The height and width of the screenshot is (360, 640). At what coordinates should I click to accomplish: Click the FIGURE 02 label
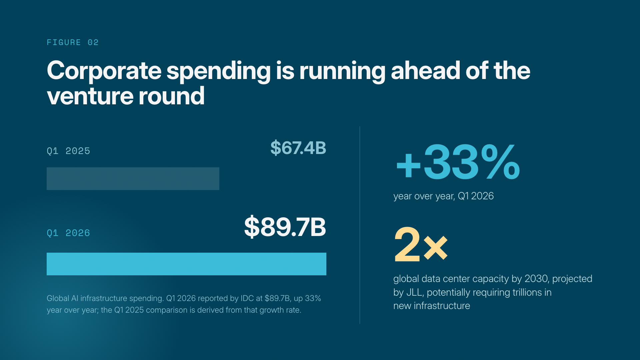(x=73, y=42)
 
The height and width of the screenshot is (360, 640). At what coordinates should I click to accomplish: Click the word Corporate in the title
(x=104, y=71)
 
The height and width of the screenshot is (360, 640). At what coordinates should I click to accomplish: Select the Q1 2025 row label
(x=68, y=151)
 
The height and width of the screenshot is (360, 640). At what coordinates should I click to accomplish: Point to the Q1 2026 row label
(x=68, y=233)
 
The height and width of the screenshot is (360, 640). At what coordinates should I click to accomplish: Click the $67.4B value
(x=298, y=148)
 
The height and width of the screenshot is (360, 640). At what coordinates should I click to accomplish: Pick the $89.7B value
(x=285, y=227)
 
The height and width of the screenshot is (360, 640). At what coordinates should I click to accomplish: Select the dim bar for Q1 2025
(x=133, y=179)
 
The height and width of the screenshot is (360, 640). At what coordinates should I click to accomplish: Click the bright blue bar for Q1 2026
(x=186, y=264)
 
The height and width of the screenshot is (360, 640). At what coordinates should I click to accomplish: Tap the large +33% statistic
(x=458, y=162)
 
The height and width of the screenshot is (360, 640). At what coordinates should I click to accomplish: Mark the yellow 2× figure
(x=421, y=244)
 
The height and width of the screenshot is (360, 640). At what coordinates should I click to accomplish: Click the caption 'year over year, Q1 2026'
(x=443, y=196)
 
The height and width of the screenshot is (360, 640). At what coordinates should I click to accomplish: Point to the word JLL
(x=415, y=292)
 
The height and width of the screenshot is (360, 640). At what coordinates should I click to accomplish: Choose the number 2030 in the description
(x=536, y=279)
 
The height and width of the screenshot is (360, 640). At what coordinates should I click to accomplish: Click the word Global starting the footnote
(x=58, y=298)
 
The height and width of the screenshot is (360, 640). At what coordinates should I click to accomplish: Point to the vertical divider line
(x=360, y=225)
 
